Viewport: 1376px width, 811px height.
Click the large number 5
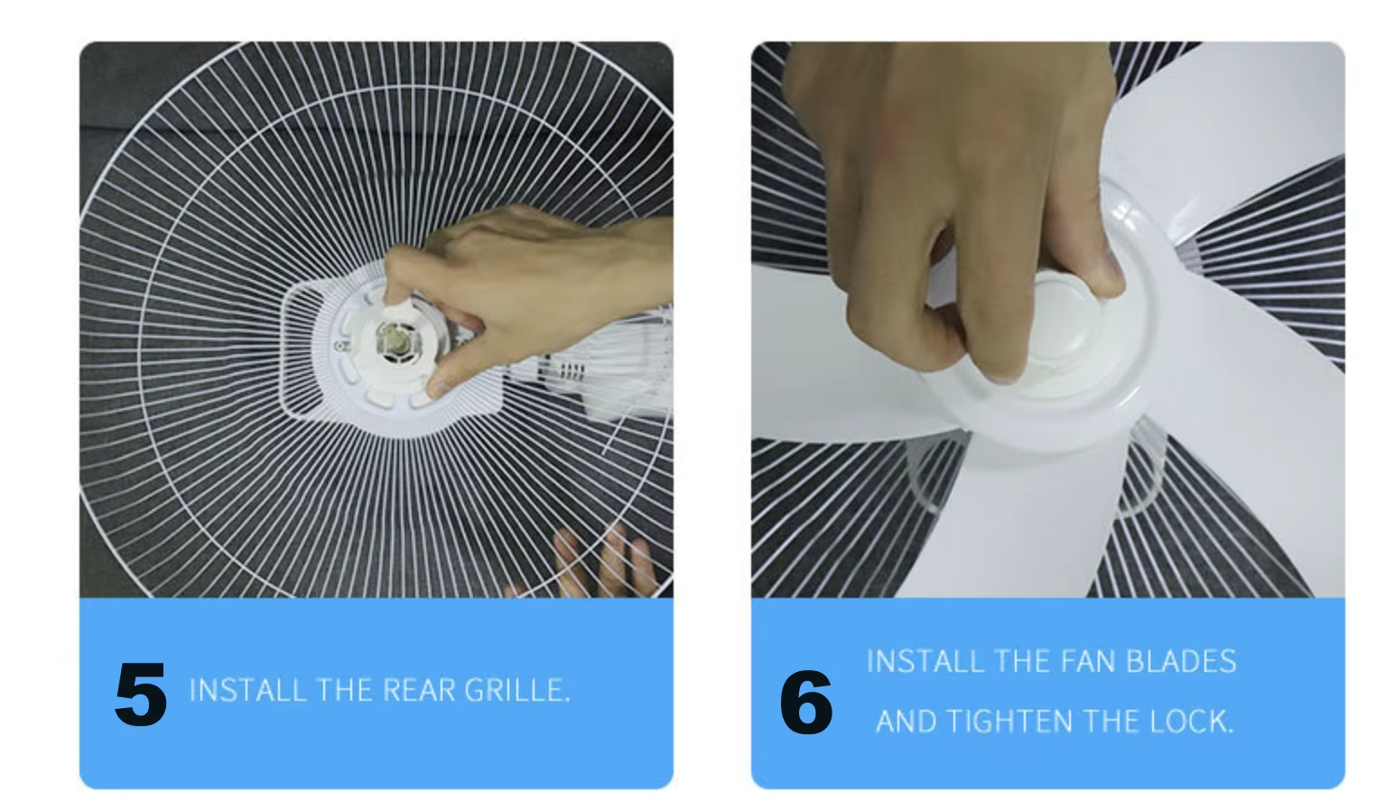click(141, 694)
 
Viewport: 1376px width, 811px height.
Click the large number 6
click(806, 703)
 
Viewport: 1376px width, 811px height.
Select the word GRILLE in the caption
click(517, 690)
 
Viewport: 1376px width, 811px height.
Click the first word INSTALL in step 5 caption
click(247, 690)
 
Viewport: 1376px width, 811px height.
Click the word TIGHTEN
click(1009, 722)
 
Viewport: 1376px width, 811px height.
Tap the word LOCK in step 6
click(1191, 722)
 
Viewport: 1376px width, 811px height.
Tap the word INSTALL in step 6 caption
click(925, 662)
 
